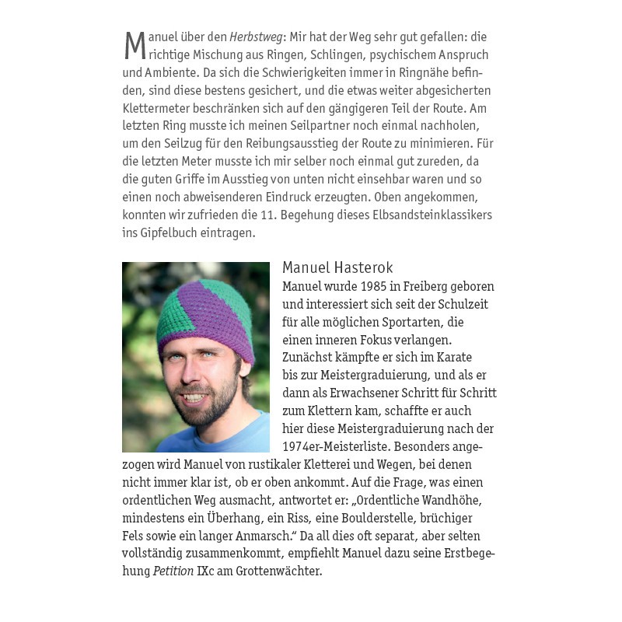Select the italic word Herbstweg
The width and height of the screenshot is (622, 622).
point(257,37)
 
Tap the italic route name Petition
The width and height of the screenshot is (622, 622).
point(173,571)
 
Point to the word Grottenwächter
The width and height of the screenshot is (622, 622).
point(278,571)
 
